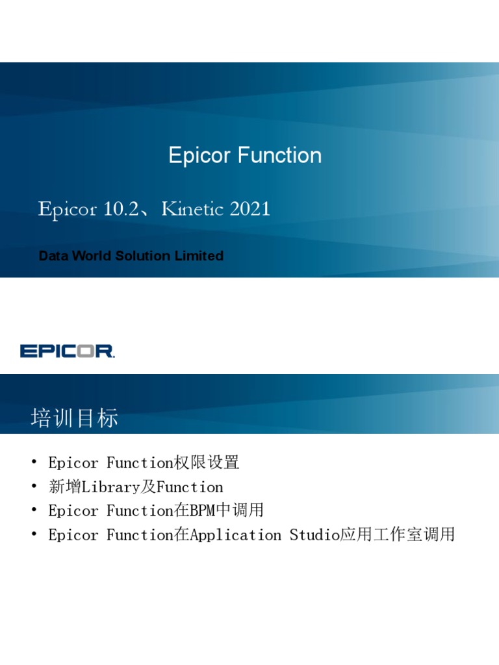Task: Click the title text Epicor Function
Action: tap(245, 156)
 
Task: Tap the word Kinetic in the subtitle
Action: tap(192, 209)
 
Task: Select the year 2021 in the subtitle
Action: tap(249, 209)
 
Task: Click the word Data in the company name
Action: tap(53, 256)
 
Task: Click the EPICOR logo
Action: tap(67, 351)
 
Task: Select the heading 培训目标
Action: tap(74, 418)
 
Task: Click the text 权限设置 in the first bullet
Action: tap(207, 463)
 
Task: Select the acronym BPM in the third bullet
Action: tap(202, 511)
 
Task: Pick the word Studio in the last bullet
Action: tap(314, 535)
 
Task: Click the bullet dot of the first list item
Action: tap(34, 463)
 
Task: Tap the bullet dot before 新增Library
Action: tap(34, 487)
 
